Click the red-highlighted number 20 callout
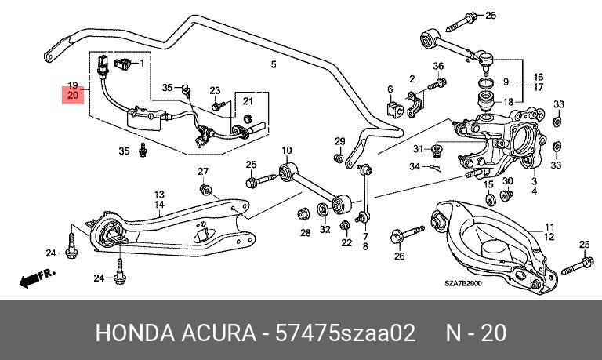pos(73,95)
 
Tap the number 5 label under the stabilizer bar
pos(274,64)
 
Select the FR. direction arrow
pos(38,278)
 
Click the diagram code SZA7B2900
pos(463,284)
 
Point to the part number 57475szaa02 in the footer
pos(345,333)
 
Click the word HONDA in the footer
pos(134,333)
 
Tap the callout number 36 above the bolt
pos(438,66)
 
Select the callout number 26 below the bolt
pos(400,256)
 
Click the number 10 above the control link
pos(287,151)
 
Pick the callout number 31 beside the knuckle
pos(419,149)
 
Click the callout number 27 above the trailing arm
pos(203,172)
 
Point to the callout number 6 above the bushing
pos(390,89)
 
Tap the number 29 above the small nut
pos(339,141)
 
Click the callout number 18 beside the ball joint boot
pos(508,102)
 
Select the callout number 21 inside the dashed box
pos(248,101)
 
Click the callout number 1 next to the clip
pos(142,63)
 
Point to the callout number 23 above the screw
pos(215,90)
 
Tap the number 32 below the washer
pos(325,229)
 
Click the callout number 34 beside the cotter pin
pos(415,167)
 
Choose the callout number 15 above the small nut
pos(488,185)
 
